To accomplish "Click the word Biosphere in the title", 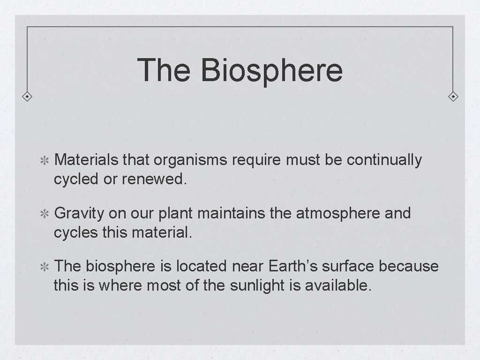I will click(x=272, y=70).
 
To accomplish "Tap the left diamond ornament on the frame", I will click(x=28, y=97).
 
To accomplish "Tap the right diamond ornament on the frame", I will click(x=453, y=97).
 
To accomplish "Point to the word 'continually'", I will click(x=384, y=160).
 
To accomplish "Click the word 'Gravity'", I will click(x=79, y=214).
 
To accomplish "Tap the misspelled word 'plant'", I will click(x=176, y=214).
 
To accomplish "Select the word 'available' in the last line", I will click(x=338, y=285).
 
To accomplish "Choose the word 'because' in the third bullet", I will click(x=409, y=266).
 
